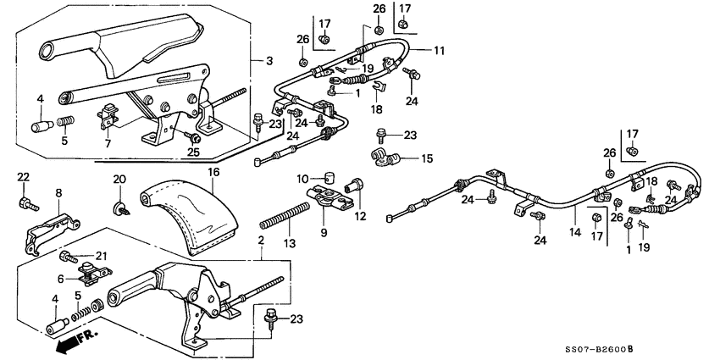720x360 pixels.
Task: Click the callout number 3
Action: (x=269, y=60)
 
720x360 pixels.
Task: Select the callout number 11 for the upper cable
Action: (x=439, y=51)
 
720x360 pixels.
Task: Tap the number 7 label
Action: (x=107, y=144)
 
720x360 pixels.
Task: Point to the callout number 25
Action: (x=193, y=152)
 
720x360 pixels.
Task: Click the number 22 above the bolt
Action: (x=23, y=176)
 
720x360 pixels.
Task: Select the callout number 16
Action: (x=213, y=172)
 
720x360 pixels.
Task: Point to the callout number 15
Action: (x=403, y=158)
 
